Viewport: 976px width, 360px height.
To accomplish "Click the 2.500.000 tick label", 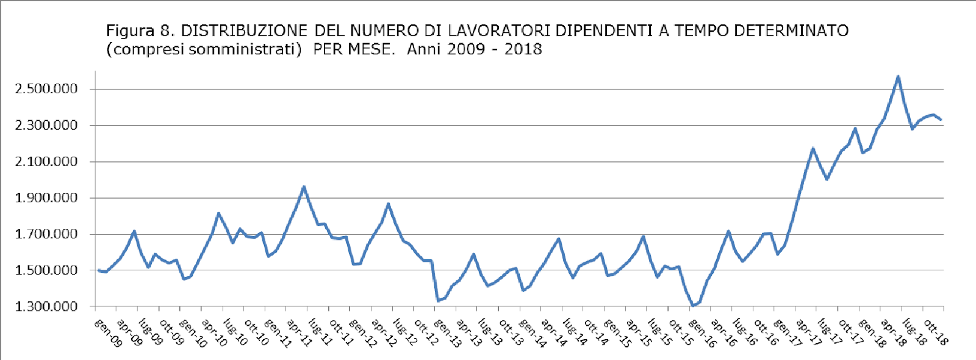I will [x=46, y=89].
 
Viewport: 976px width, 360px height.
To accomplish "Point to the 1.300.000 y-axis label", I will [x=46, y=306].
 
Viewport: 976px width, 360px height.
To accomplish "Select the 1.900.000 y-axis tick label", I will [x=46, y=198].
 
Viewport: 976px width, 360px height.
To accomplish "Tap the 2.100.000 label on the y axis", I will [x=46, y=162].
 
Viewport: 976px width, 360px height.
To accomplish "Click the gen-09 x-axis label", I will [x=109, y=333].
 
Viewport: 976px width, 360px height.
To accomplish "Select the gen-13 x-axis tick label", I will [x=447, y=333].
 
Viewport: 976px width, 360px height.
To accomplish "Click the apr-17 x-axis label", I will [x=808, y=333].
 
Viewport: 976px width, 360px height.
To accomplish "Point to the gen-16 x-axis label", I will [x=701, y=333].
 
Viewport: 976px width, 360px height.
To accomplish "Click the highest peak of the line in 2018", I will [x=898, y=76].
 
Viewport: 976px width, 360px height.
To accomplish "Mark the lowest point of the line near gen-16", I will [x=693, y=305].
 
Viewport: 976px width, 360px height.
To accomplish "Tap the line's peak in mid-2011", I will [x=304, y=187].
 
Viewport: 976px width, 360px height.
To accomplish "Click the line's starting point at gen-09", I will [x=99, y=270].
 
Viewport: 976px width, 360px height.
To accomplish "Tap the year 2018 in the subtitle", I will [x=523, y=49].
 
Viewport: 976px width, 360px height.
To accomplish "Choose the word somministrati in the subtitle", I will [x=241, y=49].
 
